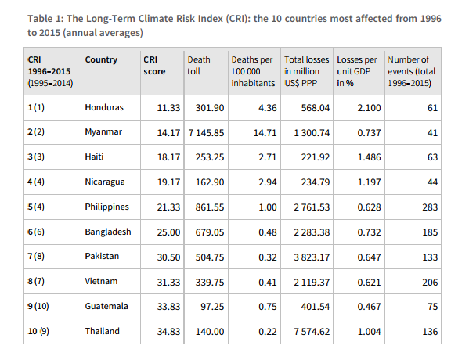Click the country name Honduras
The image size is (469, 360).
tap(104, 107)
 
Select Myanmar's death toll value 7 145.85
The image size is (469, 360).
tap(206, 133)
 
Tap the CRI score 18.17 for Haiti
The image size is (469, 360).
tap(168, 157)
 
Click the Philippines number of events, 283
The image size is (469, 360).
tap(430, 207)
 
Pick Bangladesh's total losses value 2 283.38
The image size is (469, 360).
tap(312, 232)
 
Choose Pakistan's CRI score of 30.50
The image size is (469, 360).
tap(168, 257)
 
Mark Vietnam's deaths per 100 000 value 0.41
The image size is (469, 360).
tap(268, 283)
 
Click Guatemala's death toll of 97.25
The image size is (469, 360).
tap(212, 307)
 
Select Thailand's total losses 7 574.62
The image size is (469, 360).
tap(312, 332)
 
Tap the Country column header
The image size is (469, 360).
tap(101, 59)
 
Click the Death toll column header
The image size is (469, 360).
tap(199, 66)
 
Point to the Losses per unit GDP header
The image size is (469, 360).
tap(357, 71)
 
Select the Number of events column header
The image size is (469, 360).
tap(412, 71)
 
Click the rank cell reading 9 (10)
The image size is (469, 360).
tap(38, 306)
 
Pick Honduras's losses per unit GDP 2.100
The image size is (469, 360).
tap(369, 108)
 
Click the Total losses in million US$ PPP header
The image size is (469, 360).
tap(307, 71)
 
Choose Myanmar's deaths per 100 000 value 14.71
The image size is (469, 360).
tap(265, 133)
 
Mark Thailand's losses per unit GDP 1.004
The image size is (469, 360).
tap(369, 332)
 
